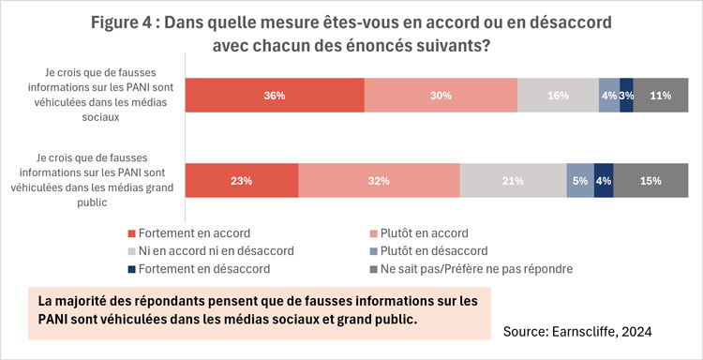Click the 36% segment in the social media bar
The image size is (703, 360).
pyautogui.click(x=274, y=95)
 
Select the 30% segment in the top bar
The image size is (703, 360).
pyautogui.click(x=441, y=95)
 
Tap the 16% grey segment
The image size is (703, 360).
pyautogui.click(x=558, y=95)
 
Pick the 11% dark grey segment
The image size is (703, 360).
pyautogui.click(x=661, y=95)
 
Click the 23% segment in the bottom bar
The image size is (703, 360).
pyautogui.click(x=242, y=181)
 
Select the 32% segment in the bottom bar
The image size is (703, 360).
pyautogui.click(x=379, y=181)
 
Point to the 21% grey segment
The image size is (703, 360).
pyautogui.click(x=513, y=181)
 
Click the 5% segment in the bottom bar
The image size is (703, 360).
pyautogui.click(x=580, y=181)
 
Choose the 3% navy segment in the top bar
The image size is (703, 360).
pyautogui.click(x=626, y=95)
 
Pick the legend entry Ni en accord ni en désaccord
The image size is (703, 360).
pyautogui.click(x=216, y=250)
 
